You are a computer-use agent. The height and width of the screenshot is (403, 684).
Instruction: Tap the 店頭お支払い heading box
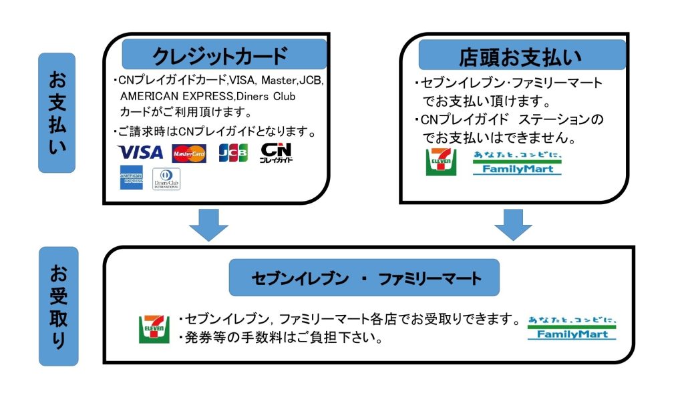(522, 55)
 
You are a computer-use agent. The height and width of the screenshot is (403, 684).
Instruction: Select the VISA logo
(140, 153)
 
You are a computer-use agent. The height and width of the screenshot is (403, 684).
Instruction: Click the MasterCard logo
(189, 153)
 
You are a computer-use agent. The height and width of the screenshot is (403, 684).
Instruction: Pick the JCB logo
(233, 153)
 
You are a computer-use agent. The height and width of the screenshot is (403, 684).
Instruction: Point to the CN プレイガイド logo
(277, 153)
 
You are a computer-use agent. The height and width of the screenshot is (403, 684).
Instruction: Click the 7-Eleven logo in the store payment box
(442, 162)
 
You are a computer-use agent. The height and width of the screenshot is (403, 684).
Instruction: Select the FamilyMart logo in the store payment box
(517, 163)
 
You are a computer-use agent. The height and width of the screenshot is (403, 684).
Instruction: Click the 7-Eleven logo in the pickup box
(154, 328)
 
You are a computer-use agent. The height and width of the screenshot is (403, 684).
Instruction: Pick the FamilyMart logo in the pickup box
(572, 327)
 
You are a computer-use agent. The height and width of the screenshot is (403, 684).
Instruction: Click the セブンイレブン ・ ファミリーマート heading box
(364, 278)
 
